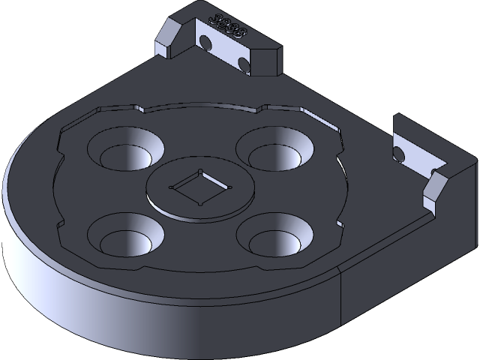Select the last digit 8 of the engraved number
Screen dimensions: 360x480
pyautogui.click(x=241, y=33)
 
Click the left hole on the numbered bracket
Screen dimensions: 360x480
pyautogui.click(x=203, y=42)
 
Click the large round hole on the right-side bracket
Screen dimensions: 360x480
pyautogui.click(x=398, y=154)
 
